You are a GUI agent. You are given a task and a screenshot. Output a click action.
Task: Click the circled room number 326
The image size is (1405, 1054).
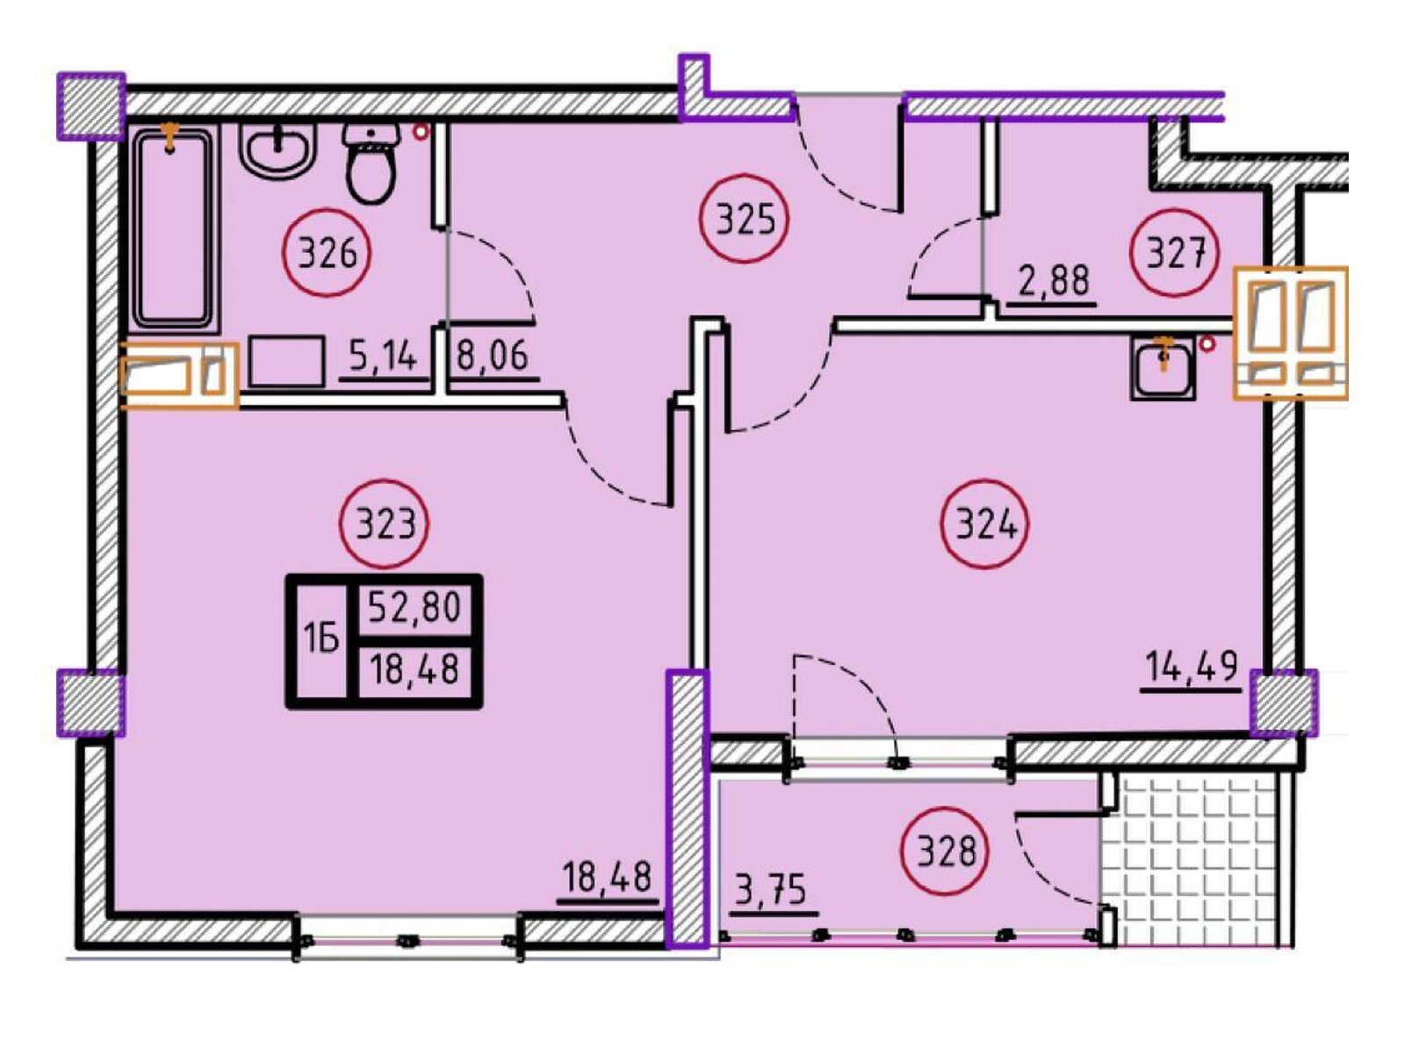coord(327,253)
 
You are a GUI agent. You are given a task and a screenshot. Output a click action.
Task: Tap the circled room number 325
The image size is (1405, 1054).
coord(744,218)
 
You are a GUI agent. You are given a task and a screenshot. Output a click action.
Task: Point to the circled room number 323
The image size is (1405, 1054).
coord(384,523)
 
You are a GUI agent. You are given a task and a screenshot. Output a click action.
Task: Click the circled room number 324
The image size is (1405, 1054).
coord(985,524)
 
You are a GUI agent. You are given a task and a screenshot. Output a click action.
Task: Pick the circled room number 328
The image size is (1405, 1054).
coord(945,851)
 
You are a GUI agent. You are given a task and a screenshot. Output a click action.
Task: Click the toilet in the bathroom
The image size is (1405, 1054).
coord(371,162)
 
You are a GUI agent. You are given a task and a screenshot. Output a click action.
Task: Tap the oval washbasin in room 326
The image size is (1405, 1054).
coord(277,151)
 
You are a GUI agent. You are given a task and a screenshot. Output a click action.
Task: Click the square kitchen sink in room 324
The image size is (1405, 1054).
coord(1162,369)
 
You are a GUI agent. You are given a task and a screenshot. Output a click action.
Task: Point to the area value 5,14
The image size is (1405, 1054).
coord(384,357)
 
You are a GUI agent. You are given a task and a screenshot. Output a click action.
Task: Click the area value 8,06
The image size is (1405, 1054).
coord(493,356)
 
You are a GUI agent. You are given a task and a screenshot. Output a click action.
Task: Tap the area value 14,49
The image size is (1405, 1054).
coord(1191,666)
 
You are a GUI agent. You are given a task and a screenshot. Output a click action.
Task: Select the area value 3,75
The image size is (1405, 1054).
coord(769,890)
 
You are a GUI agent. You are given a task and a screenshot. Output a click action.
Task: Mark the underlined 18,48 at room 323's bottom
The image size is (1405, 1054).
coord(606,877)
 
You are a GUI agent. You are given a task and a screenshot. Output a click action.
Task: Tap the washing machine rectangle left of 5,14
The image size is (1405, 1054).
coord(286,362)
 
